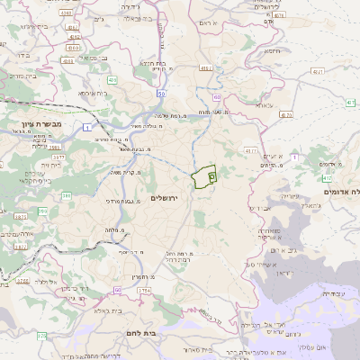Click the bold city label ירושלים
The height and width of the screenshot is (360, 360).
click(x=165, y=197)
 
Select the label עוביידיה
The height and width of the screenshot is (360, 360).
click(x=332, y=293)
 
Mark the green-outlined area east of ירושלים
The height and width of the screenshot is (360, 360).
click(x=204, y=177)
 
